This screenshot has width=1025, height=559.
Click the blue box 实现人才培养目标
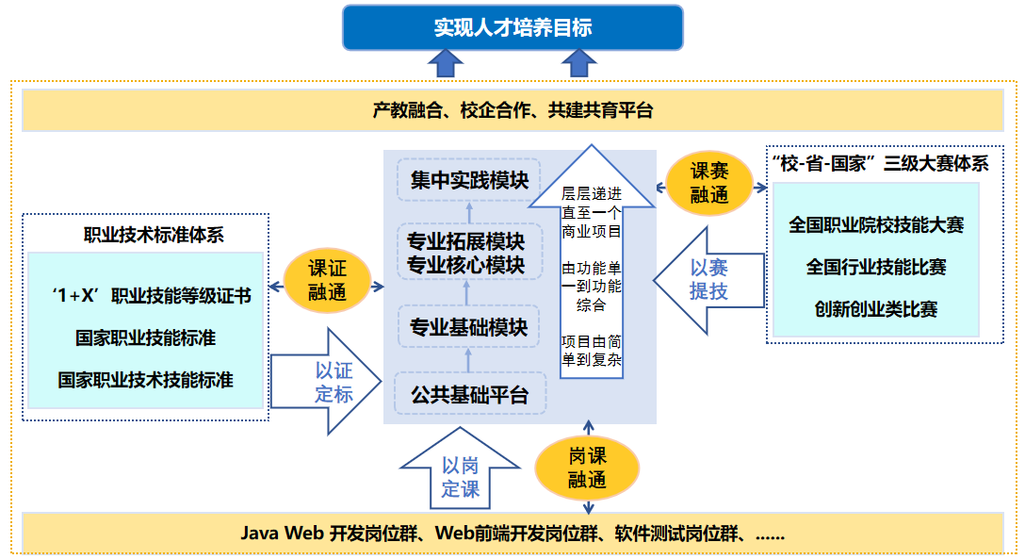tap(512, 27)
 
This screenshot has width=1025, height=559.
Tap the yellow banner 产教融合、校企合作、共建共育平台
tap(512, 110)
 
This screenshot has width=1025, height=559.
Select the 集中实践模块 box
tap(469, 179)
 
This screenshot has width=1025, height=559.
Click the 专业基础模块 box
tap(468, 327)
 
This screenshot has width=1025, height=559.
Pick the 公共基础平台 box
tap(468, 395)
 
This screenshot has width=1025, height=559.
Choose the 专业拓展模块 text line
tap(465, 241)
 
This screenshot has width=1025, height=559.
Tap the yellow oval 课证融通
tap(327, 280)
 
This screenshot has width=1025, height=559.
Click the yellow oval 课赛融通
tap(708, 183)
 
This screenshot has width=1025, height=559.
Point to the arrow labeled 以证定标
tap(321, 382)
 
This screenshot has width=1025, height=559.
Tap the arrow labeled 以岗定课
tap(460, 477)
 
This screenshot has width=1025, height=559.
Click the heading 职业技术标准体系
tap(154, 236)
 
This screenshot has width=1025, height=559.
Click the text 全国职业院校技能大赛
tap(876, 225)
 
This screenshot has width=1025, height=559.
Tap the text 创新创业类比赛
tap(876, 308)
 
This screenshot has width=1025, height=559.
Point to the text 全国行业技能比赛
tap(876, 267)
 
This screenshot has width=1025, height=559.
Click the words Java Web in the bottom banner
tap(282, 533)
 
